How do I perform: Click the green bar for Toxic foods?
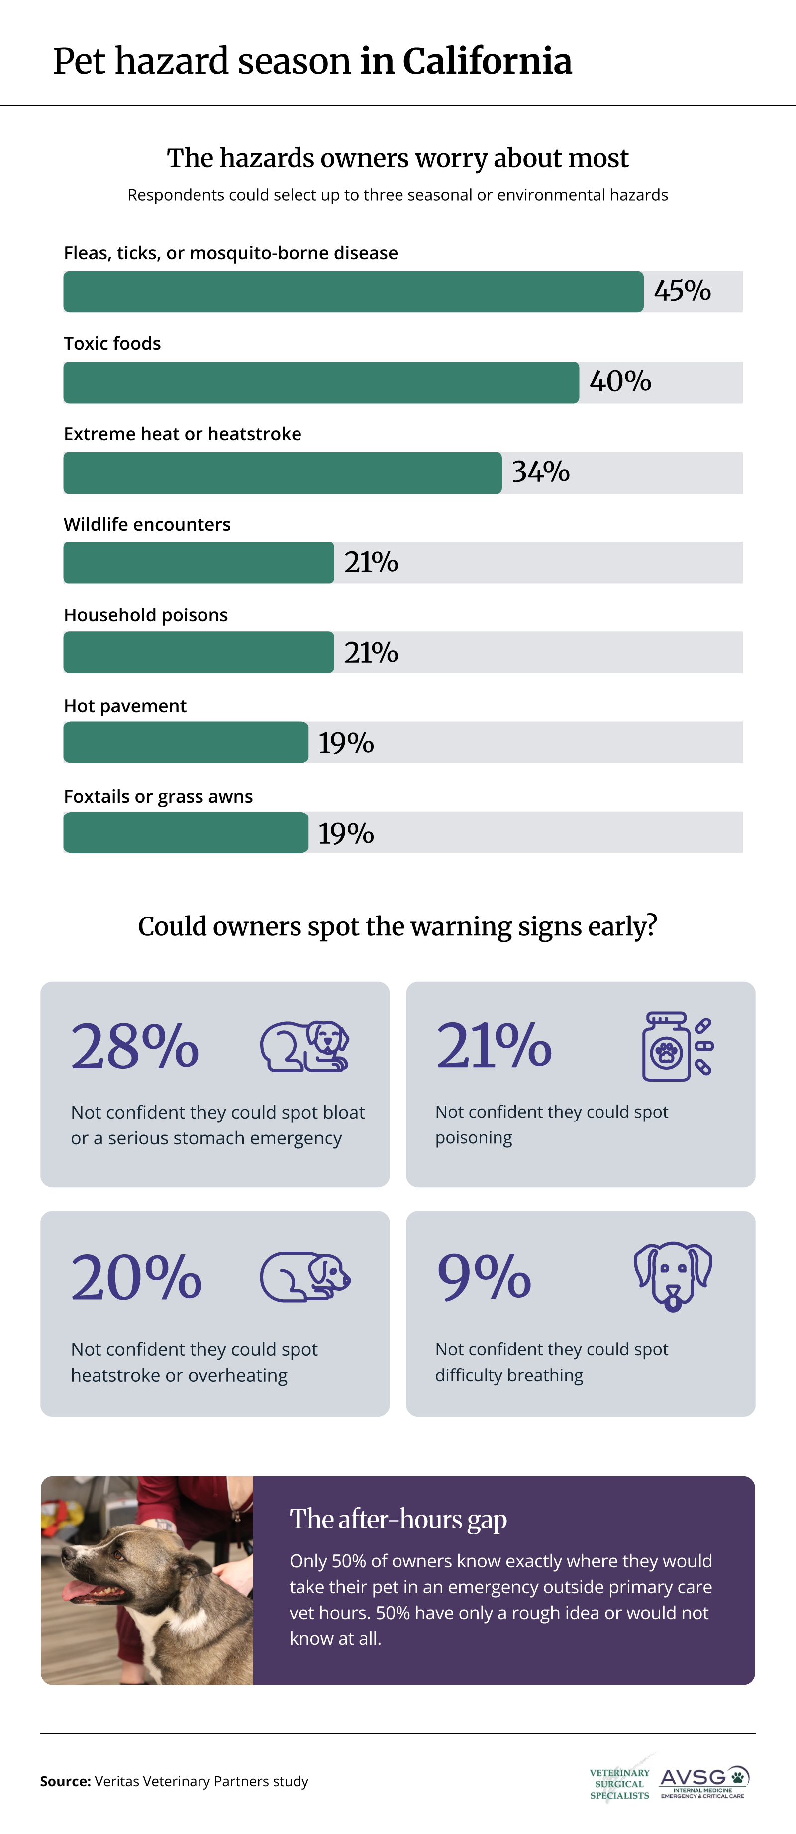pyautogui.click(x=321, y=382)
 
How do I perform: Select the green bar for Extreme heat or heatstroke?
pyautogui.click(x=283, y=473)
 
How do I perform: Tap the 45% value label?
pyautogui.click(x=682, y=291)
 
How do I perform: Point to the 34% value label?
pyautogui.click(x=541, y=471)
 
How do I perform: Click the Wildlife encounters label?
pyautogui.click(x=147, y=525)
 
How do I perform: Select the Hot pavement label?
pyautogui.click(x=125, y=706)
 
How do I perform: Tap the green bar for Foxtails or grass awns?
pyautogui.click(x=186, y=832)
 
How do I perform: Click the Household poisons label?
pyautogui.click(x=146, y=615)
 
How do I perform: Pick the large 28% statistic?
pyautogui.click(x=134, y=1046)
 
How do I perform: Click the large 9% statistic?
pyautogui.click(x=484, y=1277)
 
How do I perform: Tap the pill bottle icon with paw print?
pyautogui.click(x=677, y=1046)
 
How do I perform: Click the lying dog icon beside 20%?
pyautogui.click(x=305, y=1277)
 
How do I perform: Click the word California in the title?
pyautogui.click(x=487, y=61)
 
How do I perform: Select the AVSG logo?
pyautogui.click(x=704, y=1783)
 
